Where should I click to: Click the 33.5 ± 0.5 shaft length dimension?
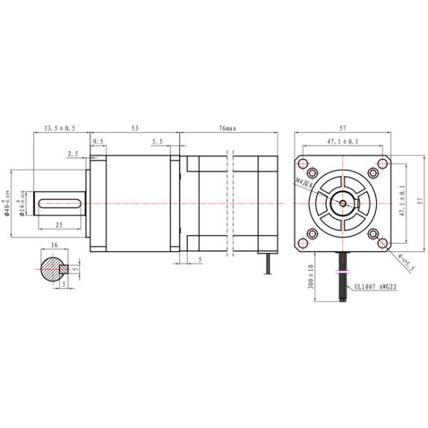click(60, 128)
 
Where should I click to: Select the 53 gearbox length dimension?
click(135, 128)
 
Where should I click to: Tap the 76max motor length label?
click(228, 128)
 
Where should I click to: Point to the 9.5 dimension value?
click(98, 143)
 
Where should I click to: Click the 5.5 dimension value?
click(158, 143)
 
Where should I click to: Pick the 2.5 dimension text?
click(73, 153)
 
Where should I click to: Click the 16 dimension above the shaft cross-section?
click(54, 245)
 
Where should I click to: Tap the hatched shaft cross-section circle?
click(51, 269)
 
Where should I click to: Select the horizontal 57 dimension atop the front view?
click(343, 128)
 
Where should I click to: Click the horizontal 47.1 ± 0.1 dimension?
click(343, 142)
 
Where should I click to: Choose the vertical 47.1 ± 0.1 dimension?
click(402, 203)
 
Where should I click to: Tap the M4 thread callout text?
click(305, 186)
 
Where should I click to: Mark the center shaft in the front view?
click(343, 203)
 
